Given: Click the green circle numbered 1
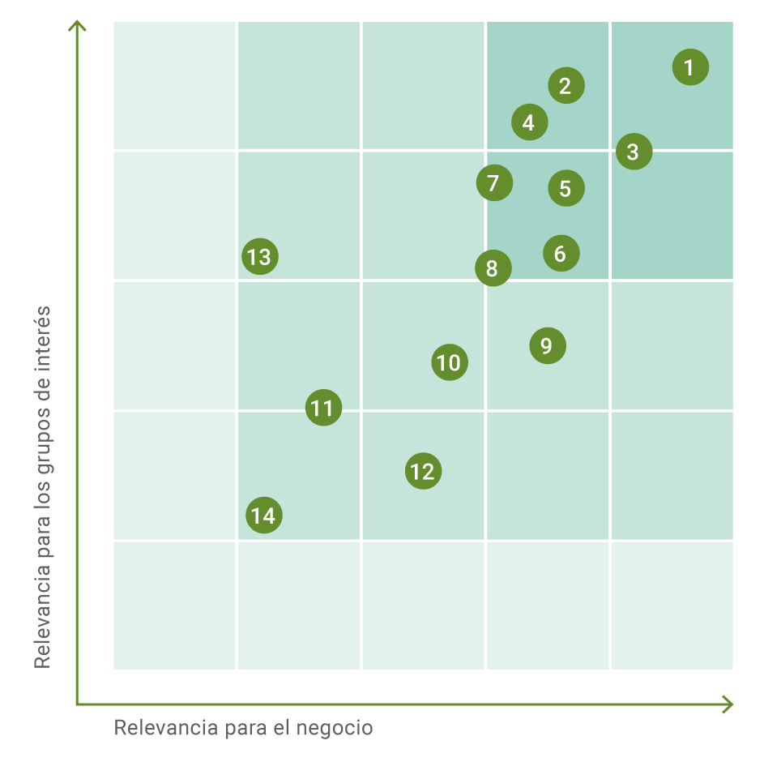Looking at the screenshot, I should [690, 67].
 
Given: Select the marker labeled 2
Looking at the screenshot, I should [566, 85].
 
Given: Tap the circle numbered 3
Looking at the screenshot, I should [634, 152].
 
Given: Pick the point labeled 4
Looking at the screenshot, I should [529, 122].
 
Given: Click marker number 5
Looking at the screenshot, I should [566, 188].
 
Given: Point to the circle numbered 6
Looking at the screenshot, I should [561, 254].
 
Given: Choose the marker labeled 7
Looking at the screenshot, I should [494, 182].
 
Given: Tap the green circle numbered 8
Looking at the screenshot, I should [493, 268].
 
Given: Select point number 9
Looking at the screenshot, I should [547, 346].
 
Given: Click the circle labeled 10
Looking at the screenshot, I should [449, 362].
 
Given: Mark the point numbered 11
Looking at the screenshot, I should [323, 408].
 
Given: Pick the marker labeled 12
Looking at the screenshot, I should [423, 471].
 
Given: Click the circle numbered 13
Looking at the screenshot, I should [259, 257].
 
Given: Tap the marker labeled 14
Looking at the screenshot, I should [263, 516].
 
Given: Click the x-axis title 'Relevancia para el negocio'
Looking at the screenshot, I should [243, 728].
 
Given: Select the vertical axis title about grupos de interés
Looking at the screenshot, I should [42, 486].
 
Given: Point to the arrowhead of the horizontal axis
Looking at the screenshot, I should [728, 704].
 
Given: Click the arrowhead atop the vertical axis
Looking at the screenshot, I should [77, 27].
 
